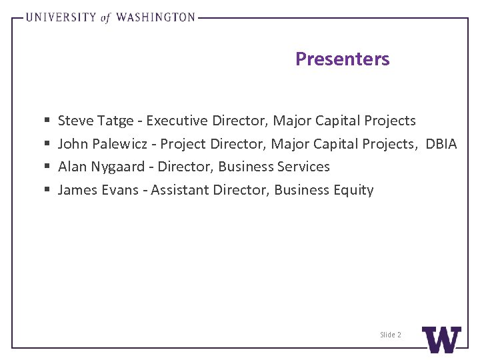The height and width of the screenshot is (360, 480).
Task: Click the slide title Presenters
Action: tap(342, 59)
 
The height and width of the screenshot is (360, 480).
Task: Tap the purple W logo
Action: tap(441, 339)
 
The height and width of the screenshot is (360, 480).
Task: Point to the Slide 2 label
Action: tap(391, 335)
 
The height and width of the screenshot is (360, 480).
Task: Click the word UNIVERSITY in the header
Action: tap(61, 17)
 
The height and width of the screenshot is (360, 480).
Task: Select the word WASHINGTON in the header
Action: tap(155, 17)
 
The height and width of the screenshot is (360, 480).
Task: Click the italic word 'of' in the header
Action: tap(105, 18)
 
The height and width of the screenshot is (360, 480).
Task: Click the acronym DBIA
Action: tap(441, 144)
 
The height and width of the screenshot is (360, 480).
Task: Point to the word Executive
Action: tap(177, 121)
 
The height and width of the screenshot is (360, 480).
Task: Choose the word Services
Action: tap(302, 167)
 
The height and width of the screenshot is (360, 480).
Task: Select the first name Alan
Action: tap(72, 167)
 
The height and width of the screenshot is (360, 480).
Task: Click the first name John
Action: tap(73, 144)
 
